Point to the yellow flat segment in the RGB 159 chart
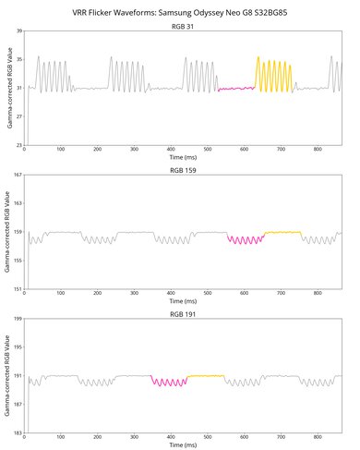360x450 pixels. pyautogui.click(x=282, y=232)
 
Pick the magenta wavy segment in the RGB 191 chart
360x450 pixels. pyautogui.click(x=169, y=381)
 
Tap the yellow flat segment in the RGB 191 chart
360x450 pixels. pyautogui.click(x=206, y=376)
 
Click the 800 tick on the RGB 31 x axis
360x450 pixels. pyautogui.click(x=317, y=150)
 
